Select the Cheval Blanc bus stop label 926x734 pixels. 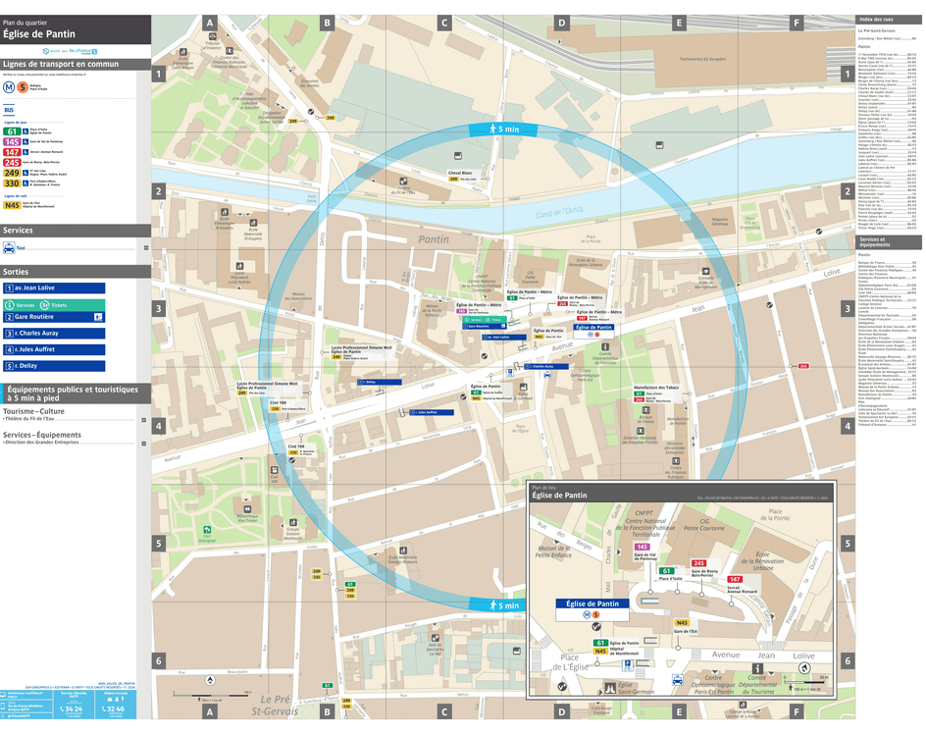(461, 173)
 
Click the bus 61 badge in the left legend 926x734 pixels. (12, 131)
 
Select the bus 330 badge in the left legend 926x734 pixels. (12, 183)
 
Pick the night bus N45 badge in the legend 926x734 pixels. (12, 205)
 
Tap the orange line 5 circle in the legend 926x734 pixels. (22, 86)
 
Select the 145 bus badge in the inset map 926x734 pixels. (643, 547)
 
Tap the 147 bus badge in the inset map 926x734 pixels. (735, 580)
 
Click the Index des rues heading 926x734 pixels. (876, 20)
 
